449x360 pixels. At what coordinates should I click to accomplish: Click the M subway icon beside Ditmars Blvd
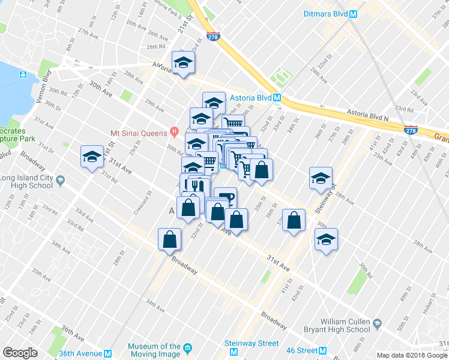[354, 14]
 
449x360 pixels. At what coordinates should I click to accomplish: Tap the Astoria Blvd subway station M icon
[277, 97]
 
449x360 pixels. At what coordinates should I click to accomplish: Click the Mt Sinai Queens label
[139, 133]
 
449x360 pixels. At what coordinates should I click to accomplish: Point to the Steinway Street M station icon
[235, 352]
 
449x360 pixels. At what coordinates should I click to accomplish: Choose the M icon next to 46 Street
[322, 350]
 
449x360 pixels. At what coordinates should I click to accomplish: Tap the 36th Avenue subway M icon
[108, 353]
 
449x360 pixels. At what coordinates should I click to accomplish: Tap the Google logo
[20, 352]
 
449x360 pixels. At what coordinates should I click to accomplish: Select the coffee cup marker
[224, 197]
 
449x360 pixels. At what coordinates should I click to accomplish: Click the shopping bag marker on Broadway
[170, 239]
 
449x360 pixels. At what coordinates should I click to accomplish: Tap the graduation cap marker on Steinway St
[321, 177]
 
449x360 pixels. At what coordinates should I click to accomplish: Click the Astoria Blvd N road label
[367, 114]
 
